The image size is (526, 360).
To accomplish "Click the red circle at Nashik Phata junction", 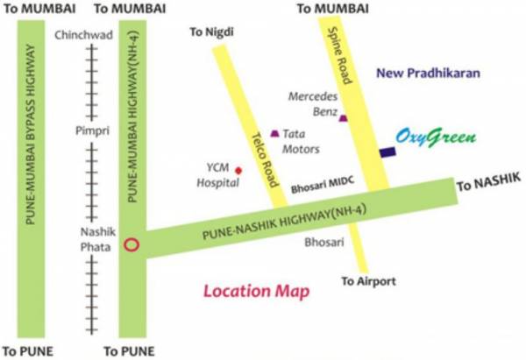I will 131,245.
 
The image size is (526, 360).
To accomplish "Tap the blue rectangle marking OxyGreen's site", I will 387,152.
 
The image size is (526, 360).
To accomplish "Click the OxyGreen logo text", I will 435,138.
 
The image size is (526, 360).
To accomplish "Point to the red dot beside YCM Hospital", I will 238,170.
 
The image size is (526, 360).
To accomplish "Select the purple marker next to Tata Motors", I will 275,133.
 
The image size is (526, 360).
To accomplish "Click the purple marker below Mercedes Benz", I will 343,118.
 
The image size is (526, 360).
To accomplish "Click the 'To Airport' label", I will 369,281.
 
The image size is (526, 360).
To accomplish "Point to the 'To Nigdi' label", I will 214,32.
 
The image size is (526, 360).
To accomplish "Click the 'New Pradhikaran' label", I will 429,74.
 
